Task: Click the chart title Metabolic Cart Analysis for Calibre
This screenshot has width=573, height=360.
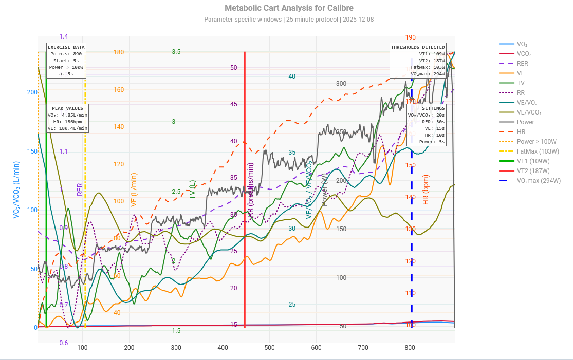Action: tap(289, 8)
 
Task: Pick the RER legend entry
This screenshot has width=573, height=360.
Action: tap(522, 64)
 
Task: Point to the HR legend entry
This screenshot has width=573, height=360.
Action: tap(521, 132)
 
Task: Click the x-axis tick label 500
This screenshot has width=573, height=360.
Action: tap(269, 348)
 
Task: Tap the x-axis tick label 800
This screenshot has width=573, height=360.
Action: tap(410, 348)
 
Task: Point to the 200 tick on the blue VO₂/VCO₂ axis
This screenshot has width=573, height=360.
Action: tap(32, 92)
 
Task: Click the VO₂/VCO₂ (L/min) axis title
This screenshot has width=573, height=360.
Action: tap(16, 190)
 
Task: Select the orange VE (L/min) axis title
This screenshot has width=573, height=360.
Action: tap(134, 190)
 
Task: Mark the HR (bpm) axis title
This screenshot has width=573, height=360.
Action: tap(426, 190)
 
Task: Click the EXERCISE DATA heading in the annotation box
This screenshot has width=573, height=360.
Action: tap(66, 47)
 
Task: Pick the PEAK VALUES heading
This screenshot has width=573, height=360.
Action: tap(67, 109)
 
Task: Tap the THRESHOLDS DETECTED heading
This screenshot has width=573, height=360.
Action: tap(417, 47)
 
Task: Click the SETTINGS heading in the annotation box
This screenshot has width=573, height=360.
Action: tap(433, 109)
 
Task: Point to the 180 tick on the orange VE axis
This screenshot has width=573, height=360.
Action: tap(119, 52)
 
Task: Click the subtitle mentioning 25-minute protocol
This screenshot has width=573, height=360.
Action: tap(289, 20)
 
